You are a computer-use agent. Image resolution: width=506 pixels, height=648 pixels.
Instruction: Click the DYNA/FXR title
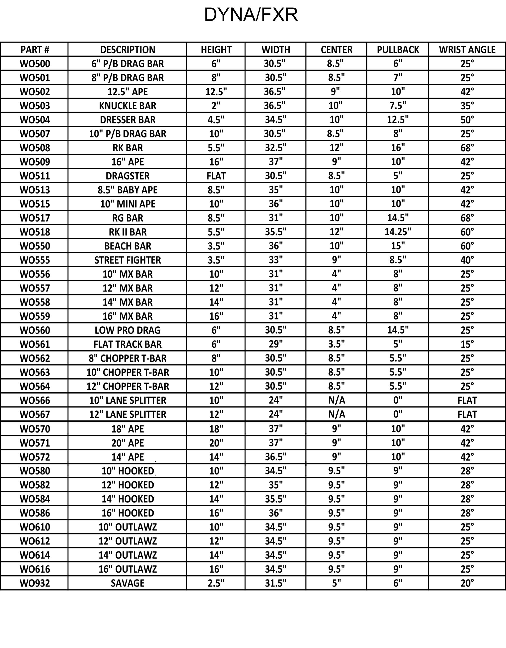point(251,15)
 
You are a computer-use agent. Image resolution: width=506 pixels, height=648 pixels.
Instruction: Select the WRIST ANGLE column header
point(467,50)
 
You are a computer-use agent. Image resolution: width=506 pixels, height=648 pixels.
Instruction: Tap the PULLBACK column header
point(398,50)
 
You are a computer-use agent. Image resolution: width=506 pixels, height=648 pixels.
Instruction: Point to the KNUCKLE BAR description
point(127,106)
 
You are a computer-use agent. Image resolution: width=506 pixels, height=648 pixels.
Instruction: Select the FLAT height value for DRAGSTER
point(216,176)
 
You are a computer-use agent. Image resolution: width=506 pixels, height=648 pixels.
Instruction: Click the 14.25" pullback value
point(398,232)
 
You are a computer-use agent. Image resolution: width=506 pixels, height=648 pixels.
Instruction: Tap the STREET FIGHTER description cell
point(127,260)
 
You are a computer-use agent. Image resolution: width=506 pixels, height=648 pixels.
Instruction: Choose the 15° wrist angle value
point(467,344)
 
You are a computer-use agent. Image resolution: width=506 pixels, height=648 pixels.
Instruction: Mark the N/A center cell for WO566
point(336,400)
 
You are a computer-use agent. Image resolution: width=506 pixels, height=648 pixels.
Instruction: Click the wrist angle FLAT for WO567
point(467,414)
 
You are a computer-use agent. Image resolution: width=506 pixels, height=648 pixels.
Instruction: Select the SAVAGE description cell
point(127,583)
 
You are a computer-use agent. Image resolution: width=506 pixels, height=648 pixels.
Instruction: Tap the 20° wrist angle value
point(467,583)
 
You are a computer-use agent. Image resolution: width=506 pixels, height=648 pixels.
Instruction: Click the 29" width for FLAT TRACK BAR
point(276,344)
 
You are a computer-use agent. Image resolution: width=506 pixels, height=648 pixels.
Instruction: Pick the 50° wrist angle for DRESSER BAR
point(467,119)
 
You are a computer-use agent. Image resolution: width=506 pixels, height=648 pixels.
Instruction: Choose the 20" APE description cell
point(127,443)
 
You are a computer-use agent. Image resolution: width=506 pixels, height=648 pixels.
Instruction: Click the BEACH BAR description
point(127,246)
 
